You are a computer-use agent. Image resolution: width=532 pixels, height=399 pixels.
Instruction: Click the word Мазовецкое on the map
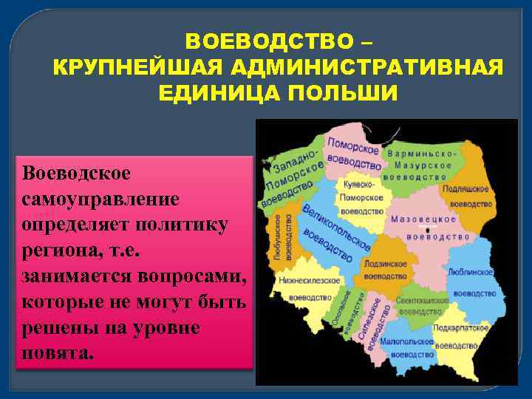[423, 220]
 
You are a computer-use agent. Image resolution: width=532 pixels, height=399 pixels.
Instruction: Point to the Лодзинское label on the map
[385, 264]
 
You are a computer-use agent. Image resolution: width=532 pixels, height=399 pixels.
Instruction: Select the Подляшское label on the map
[466, 189]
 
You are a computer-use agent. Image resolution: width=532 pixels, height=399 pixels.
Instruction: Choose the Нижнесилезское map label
[310, 281]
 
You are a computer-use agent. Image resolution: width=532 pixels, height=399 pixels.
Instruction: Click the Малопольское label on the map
[407, 342]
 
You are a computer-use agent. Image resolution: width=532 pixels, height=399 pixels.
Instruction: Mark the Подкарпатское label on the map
[463, 327]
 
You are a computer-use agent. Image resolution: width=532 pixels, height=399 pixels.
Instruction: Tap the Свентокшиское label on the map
[422, 301]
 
